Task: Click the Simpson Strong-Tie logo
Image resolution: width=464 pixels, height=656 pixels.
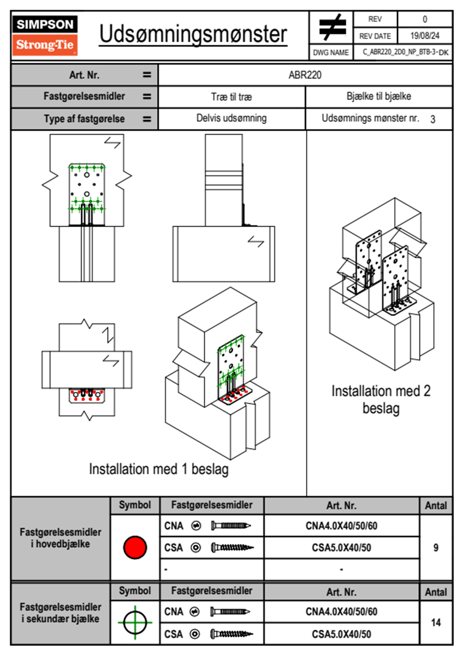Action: click(x=45, y=35)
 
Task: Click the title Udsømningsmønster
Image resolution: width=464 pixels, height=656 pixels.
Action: click(x=193, y=34)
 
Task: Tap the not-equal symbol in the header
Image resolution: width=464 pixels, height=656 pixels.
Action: click(x=332, y=27)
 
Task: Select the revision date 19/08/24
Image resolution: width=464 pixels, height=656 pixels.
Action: click(x=425, y=36)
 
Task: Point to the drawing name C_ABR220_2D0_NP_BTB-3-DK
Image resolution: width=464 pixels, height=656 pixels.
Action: click(x=405, y=52)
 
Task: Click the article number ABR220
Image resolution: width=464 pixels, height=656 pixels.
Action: click(x=305, y=75)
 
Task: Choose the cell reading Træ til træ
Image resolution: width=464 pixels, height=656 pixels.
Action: click(x=231, y=97)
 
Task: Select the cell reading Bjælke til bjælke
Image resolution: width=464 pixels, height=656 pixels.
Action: click(x=379, y=96)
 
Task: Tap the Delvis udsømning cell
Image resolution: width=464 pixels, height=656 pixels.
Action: click(x=231, y=118)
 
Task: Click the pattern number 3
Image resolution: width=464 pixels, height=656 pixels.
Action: click(x=432, y=119)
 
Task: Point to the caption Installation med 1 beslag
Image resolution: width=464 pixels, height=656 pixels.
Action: click(x=158, y=469)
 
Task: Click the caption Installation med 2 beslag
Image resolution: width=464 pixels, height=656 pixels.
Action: click(x=381, y=399)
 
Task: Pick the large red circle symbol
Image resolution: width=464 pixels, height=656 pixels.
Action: click(x=135, y=547)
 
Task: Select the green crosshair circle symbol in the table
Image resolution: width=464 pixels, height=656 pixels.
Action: click(x=135, y=622)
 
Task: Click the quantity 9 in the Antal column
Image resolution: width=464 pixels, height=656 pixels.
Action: click(x=436, y=548)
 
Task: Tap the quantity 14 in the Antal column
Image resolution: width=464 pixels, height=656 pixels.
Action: click(x=436, y=622)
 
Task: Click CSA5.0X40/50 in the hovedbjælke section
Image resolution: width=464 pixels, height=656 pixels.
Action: click(x=341, y=548)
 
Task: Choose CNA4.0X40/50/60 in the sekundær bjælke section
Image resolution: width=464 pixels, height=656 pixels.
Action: click(x=341, y=612)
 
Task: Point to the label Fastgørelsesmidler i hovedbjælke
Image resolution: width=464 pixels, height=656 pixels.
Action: click(x=60, y=538)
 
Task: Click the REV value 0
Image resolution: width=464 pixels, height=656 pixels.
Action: click(x=425, y=19)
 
